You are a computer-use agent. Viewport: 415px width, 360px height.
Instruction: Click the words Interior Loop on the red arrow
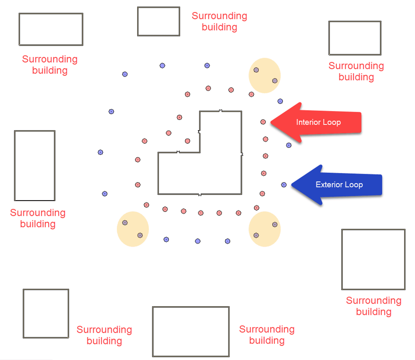click(318, 122)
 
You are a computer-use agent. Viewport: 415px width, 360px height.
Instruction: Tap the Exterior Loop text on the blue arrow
click(339, 185)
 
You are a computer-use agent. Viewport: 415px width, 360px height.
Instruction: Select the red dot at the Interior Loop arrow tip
click(263, 122)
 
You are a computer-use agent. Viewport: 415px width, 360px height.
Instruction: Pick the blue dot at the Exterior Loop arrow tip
click(284, 185)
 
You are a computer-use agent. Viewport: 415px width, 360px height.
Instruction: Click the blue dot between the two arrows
click(289, 145)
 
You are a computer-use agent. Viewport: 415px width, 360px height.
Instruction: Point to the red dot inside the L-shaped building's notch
click(188, 141)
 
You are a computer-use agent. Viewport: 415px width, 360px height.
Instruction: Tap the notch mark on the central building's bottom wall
click(200, 195)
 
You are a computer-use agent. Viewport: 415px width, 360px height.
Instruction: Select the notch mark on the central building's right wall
click(242, 154)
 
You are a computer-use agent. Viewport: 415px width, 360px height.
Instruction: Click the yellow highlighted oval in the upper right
click(264, 76)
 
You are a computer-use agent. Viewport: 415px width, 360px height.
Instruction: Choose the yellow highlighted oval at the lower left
click(133, 229)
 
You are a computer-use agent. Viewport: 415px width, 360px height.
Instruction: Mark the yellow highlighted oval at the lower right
click(264, 229)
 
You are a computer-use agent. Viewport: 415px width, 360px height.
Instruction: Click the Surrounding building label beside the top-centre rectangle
click(219, 21)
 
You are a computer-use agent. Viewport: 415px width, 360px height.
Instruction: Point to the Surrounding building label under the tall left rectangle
click(38, 218)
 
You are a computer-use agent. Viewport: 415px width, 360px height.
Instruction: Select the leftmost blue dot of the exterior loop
click(100, 152)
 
